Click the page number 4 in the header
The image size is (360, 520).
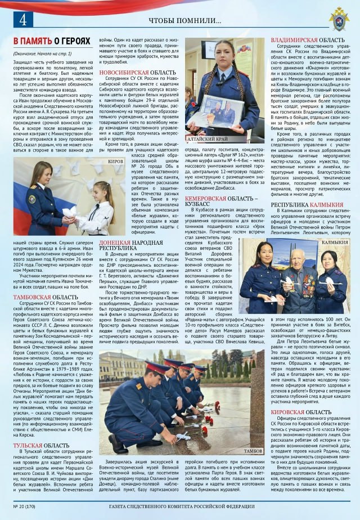[x=23, y=20]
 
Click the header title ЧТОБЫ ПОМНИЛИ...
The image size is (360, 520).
[x=185, y=21]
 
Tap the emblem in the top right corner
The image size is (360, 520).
[x=339, y=17]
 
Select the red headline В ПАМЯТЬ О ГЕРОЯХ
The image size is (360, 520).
[x=52, y=42]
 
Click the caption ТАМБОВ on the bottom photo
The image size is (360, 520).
[x=254, y=451]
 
